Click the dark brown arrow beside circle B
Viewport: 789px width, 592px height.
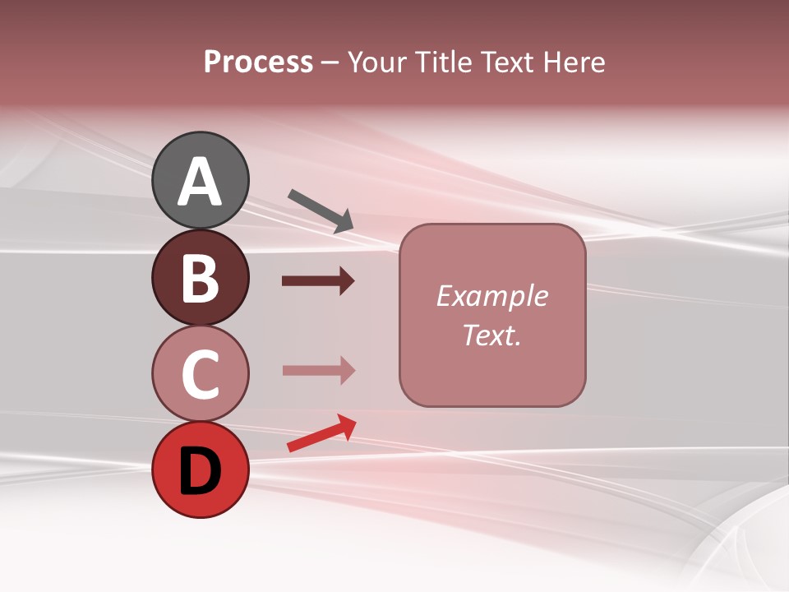tap(318, 281)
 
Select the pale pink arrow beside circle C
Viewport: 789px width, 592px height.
tap(318, 371)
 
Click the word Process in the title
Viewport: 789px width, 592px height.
tap(258, 62)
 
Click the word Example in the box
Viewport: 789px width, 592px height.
tap(491, 296)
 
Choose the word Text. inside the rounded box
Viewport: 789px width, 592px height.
tap(491, 335)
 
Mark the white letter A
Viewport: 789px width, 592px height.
tap(200, 181)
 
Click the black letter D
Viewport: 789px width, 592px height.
tap(200, 471)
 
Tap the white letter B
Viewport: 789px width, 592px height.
tap(200, 278)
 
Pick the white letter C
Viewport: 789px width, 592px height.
tap(200, 375)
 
